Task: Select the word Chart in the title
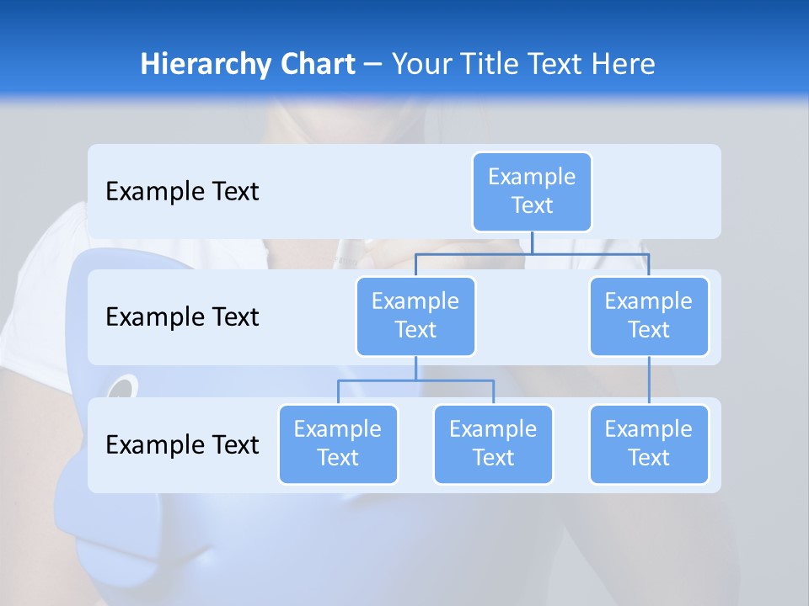click(x=314, y=65)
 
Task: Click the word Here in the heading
click(x=623, y=65)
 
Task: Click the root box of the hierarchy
click(x=532, y=192)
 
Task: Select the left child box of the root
click(x=415, y=316)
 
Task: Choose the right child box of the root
click(x=649, y=316)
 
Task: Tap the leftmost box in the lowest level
click(x=338, y=444)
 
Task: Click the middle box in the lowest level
click(x=493, y=444)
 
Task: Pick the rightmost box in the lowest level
click(x=649, y=444)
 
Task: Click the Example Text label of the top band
click(x=182, y=192)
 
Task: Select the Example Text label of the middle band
click(x=182, y=317)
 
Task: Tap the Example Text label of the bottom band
click(x=182, y=444)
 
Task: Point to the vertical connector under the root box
click(x=532, y=242)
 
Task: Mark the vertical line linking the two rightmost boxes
click(x=649, y=380)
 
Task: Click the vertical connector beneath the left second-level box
click(x=415, y=368)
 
